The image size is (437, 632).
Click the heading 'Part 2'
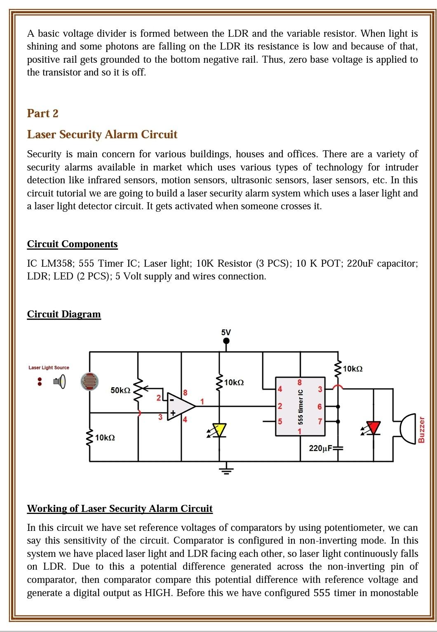pos(42,113)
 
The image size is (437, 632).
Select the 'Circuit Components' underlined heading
pos(72,244)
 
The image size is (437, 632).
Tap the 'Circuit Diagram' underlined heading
pos(64,314)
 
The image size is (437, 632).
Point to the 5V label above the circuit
pos(226,332)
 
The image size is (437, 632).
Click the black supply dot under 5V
pos(226,341)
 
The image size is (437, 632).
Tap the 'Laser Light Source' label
pos(49,367)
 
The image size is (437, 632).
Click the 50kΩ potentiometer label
pos(120,390)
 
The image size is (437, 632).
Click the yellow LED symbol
pos(218,430)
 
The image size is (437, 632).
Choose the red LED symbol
pos(374,428)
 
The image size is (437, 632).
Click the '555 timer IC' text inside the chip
pos(301,407)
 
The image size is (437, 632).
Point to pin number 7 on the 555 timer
pos(320,422)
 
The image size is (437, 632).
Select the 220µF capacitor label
pos(321,448)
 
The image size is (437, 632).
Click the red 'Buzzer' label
pos(421,429)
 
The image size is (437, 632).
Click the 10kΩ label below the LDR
pos(105,438)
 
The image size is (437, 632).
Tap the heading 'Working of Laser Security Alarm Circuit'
pos(120,508)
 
